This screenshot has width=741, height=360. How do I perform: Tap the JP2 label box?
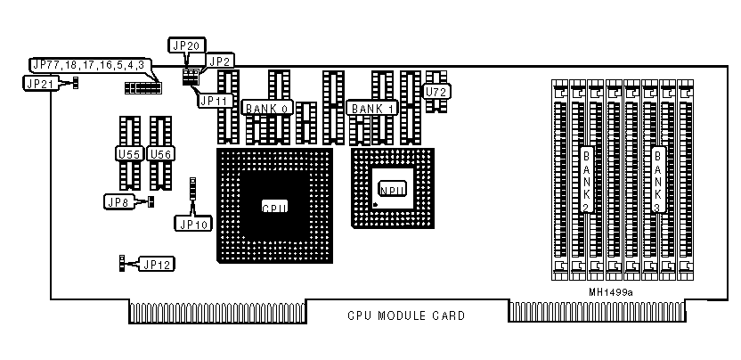(220, 61)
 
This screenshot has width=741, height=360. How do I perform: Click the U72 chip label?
(436, 91)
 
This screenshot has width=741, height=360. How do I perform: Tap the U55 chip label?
(130, 154)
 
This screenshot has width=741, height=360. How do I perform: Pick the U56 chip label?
(161, 154)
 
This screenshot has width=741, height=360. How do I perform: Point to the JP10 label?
(193, 224)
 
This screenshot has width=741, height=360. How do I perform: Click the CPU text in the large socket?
(274, 208)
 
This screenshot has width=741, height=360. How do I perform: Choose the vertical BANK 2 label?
(586, 178)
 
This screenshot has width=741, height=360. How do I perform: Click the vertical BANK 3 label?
(658, 178)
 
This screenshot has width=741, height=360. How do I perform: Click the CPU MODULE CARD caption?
(405, 315)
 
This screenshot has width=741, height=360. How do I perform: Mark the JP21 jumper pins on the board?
(76, 83)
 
